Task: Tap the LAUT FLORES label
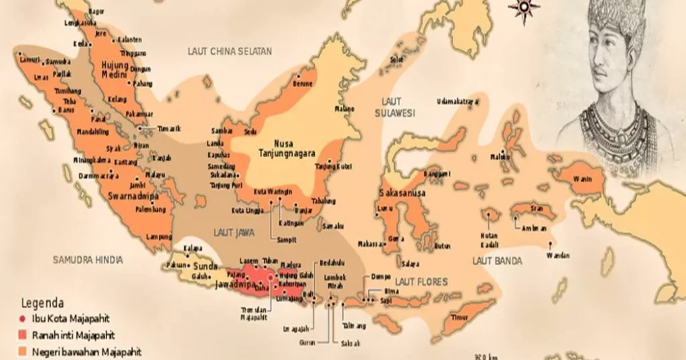point(420,282)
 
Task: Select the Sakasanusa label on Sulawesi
point(403,193)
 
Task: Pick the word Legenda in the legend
point(43,302)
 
